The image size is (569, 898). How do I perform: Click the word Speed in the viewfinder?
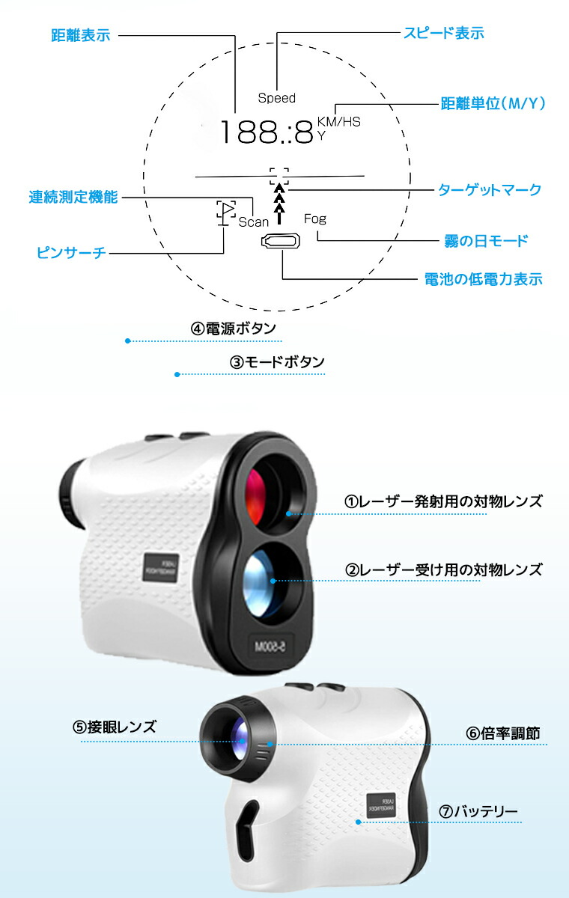[277, 98]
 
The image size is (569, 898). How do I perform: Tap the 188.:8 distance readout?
[267, 132]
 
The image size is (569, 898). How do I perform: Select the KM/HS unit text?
[339, 121]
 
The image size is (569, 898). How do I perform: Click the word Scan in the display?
[253, 222]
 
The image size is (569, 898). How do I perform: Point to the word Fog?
[315, 219]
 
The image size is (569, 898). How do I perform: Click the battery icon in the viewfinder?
[281, 241]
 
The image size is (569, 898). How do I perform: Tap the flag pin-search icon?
[226, 213]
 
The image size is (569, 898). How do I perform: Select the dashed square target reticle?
[279, 177]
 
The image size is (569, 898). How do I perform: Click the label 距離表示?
[81, 35]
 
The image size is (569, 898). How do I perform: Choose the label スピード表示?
[444, 33]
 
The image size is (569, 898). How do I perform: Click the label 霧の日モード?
[486, 241]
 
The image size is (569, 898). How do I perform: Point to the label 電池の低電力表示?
[483, 279]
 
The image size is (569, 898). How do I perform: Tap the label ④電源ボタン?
[234, 329]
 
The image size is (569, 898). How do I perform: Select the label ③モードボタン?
[277, 362]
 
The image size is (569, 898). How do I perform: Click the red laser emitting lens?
[256, 496]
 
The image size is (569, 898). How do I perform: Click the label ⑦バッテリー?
[478, 812]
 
